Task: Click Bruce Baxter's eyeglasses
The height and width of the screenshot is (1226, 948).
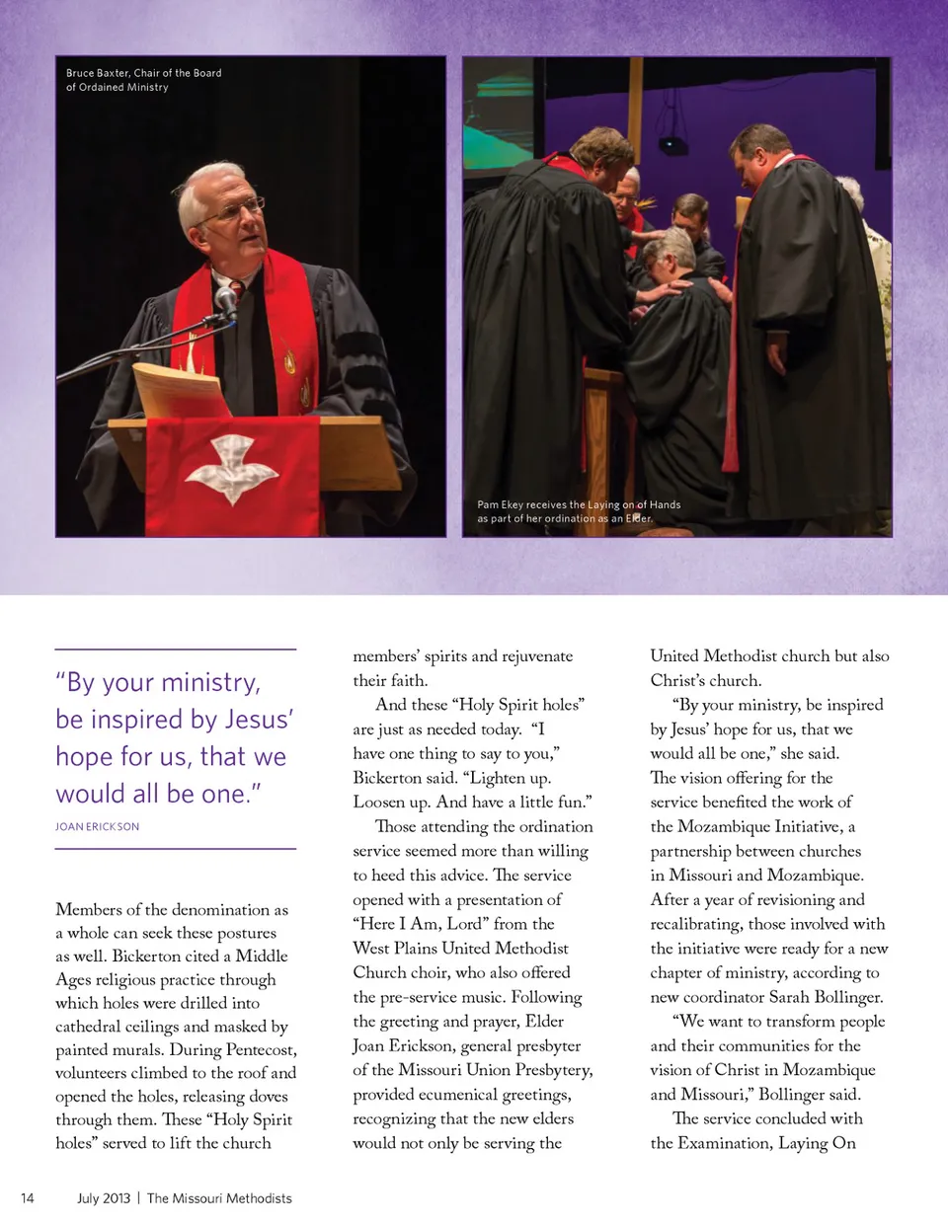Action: tap(233, 209)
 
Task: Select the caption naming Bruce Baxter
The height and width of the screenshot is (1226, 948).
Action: tap(143, 80)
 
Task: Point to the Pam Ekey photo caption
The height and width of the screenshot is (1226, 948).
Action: tap(579, 511)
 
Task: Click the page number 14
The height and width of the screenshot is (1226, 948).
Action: tap(28, 1198)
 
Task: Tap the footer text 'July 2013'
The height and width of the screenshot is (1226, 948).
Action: tap(104, 1198)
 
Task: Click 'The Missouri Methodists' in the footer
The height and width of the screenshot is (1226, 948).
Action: tap(219, 1198)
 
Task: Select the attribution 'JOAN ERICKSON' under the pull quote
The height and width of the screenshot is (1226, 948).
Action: tap(97, 826)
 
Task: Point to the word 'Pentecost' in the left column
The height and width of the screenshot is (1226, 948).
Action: tap(260, 1049)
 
